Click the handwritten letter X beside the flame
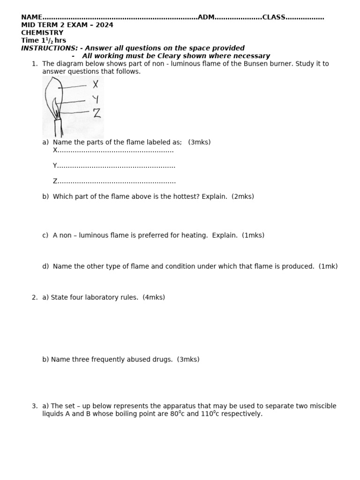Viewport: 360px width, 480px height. pos(96,84)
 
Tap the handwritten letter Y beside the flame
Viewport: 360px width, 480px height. pos(96,99)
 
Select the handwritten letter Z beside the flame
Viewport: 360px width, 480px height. pos(97,113)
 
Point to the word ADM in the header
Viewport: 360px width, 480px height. pos(206,17)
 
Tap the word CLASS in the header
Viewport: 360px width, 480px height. pos(274,17)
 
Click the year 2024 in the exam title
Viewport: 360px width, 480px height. pos(105,25)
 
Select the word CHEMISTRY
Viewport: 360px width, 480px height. pos(42,33)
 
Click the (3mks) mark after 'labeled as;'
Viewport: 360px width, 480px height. pos(199,142)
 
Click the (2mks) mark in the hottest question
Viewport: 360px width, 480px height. pos(242,196)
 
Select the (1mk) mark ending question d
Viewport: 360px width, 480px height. pos(328,266)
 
